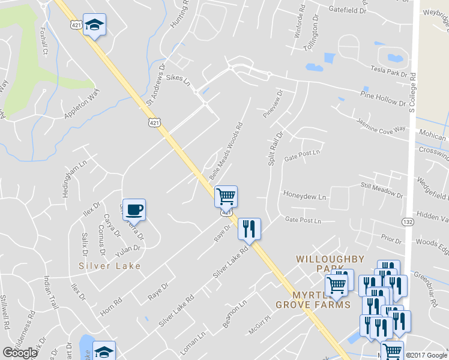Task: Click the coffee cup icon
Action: coord(134,209)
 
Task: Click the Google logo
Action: coord(20,352)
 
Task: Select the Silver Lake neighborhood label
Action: coord(110,266)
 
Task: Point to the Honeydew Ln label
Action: coord(304,197)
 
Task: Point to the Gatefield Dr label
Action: coord(348,11)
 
